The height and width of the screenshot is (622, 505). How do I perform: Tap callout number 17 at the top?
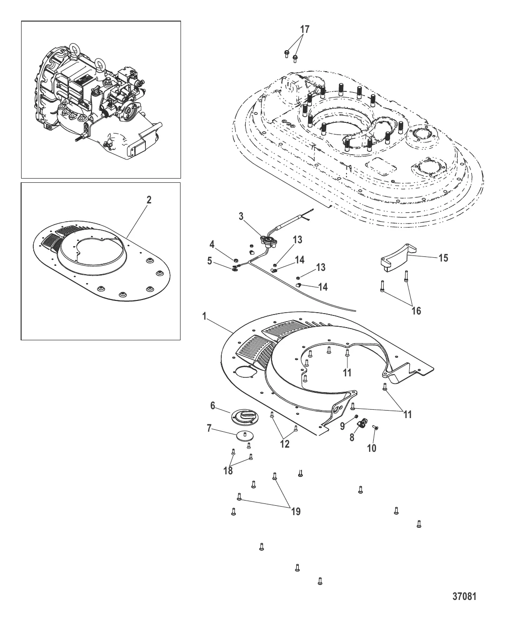tap(305, 29)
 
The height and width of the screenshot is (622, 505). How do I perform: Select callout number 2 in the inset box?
tap(149, 200)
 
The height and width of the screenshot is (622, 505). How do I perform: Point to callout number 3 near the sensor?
tap(241, 217)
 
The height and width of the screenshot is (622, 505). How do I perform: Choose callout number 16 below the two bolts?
tap(416, 311)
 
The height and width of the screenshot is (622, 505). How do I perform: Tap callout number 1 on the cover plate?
tap(204, 316)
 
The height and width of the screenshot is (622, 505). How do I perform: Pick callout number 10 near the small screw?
tap(371, 448)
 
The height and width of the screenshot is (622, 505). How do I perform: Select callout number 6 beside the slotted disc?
tap(212, 405)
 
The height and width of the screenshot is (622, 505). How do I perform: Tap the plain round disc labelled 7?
tap(244, 436)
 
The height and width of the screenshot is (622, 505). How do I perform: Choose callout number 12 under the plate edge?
tap(285, 444)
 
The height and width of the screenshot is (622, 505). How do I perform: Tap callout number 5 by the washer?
tap(210, 261)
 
